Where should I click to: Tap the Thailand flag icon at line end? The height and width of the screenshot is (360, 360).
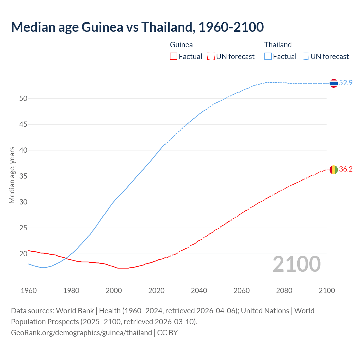(334, 83)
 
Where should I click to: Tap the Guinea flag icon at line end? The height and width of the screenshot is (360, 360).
(334, 170)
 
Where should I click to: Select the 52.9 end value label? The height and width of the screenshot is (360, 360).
(346, 83)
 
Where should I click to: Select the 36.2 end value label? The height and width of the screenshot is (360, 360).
(346, 169)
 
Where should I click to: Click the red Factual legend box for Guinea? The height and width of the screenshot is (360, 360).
(174, 57)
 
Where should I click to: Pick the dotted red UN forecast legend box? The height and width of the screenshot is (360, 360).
(211, 57)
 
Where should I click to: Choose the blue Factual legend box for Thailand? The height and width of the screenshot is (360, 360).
(268, 57)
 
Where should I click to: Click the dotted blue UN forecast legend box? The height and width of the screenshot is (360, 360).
(305, 57)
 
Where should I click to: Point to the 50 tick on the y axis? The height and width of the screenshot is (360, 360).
(23, 98)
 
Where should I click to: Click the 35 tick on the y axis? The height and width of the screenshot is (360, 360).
(23, 176)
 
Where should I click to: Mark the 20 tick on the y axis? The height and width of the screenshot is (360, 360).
(23, 254)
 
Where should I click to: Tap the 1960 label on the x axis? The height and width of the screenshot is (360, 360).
(29, 291)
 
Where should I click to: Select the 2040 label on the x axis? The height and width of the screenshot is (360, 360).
(199, 291)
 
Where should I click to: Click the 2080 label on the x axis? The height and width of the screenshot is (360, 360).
(284, 291)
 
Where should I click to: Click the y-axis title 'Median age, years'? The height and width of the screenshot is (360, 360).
(12, 175)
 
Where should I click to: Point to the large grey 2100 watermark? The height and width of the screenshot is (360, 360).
(296, 264)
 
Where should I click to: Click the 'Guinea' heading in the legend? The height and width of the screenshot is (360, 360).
(181, 45)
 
